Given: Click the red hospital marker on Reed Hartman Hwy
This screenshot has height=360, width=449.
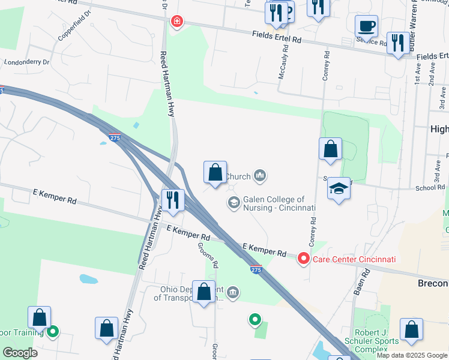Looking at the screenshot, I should [177, 22].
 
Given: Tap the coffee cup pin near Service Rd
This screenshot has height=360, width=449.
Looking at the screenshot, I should [366, 27].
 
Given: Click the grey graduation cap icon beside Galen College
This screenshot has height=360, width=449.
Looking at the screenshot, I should [233, 203].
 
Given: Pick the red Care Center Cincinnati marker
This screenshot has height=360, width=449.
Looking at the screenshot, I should [303, 259].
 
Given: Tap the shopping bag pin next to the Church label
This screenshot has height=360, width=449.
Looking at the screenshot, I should [215, 173].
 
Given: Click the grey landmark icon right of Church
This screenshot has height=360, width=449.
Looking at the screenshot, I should [260, 175].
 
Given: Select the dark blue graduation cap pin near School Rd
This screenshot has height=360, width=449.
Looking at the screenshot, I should [339, 189].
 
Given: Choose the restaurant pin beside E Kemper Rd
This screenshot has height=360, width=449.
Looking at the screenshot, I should [172, 201].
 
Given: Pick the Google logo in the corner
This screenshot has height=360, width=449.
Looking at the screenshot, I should [20, 352].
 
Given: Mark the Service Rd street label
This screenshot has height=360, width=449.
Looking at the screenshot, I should [372, 42].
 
